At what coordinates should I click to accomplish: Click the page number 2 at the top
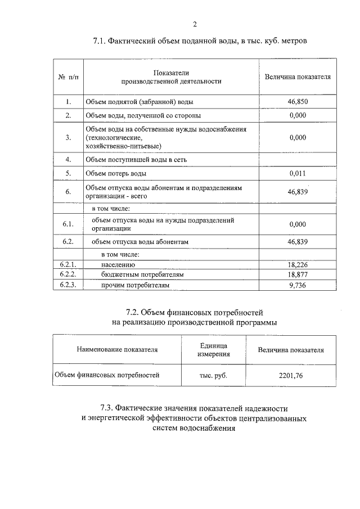(195, 24)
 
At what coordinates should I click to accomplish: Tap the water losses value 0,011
(298, 173)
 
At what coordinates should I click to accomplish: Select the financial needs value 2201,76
(290, 374)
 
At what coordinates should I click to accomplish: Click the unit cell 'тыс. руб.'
(213, 374)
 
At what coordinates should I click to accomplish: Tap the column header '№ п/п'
(67, 76)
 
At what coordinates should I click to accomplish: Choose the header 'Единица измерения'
(213, 349)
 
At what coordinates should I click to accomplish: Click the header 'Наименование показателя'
(117, 349)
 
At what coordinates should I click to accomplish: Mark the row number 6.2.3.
(67, 285)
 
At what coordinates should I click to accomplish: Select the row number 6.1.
(67, 224)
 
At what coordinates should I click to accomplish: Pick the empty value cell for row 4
(298, 159)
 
